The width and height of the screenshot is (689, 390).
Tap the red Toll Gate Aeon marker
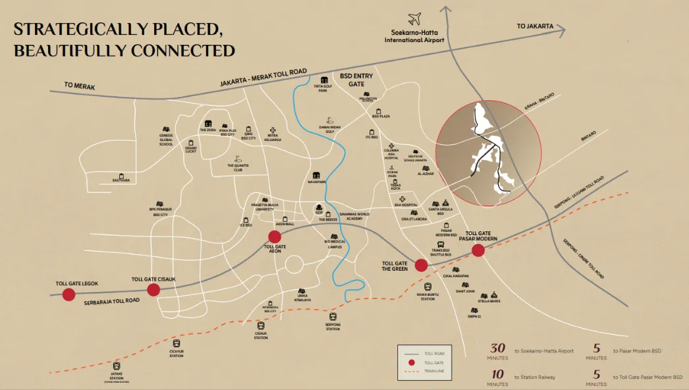pos(275,237)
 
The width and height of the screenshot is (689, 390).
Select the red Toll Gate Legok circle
pos(69,294)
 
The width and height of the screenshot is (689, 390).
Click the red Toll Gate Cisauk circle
pos(153,290)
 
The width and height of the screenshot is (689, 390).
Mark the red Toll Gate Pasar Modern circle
pos(478,250)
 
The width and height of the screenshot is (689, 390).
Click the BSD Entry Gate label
pos(356,80)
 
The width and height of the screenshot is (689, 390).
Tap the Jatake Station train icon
pos(117,366)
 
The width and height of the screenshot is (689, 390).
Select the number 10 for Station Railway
pos(497,375)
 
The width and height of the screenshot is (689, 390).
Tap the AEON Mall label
pos(285,224)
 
